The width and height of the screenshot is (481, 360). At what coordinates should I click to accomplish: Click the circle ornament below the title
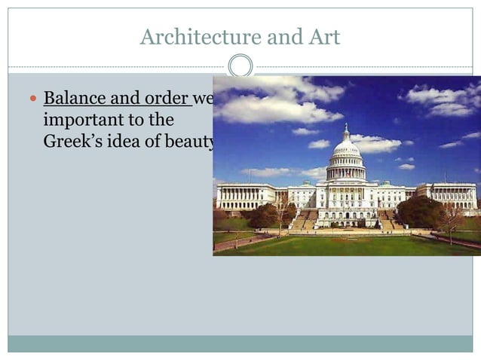point(240,66)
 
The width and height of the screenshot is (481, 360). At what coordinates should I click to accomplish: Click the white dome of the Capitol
point(346,148)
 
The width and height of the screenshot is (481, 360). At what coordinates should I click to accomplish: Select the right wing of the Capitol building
point(448,197)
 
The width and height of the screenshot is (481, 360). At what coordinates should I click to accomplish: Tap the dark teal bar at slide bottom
point(240,343)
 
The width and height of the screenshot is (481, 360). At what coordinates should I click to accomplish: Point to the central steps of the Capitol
point(346,220)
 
